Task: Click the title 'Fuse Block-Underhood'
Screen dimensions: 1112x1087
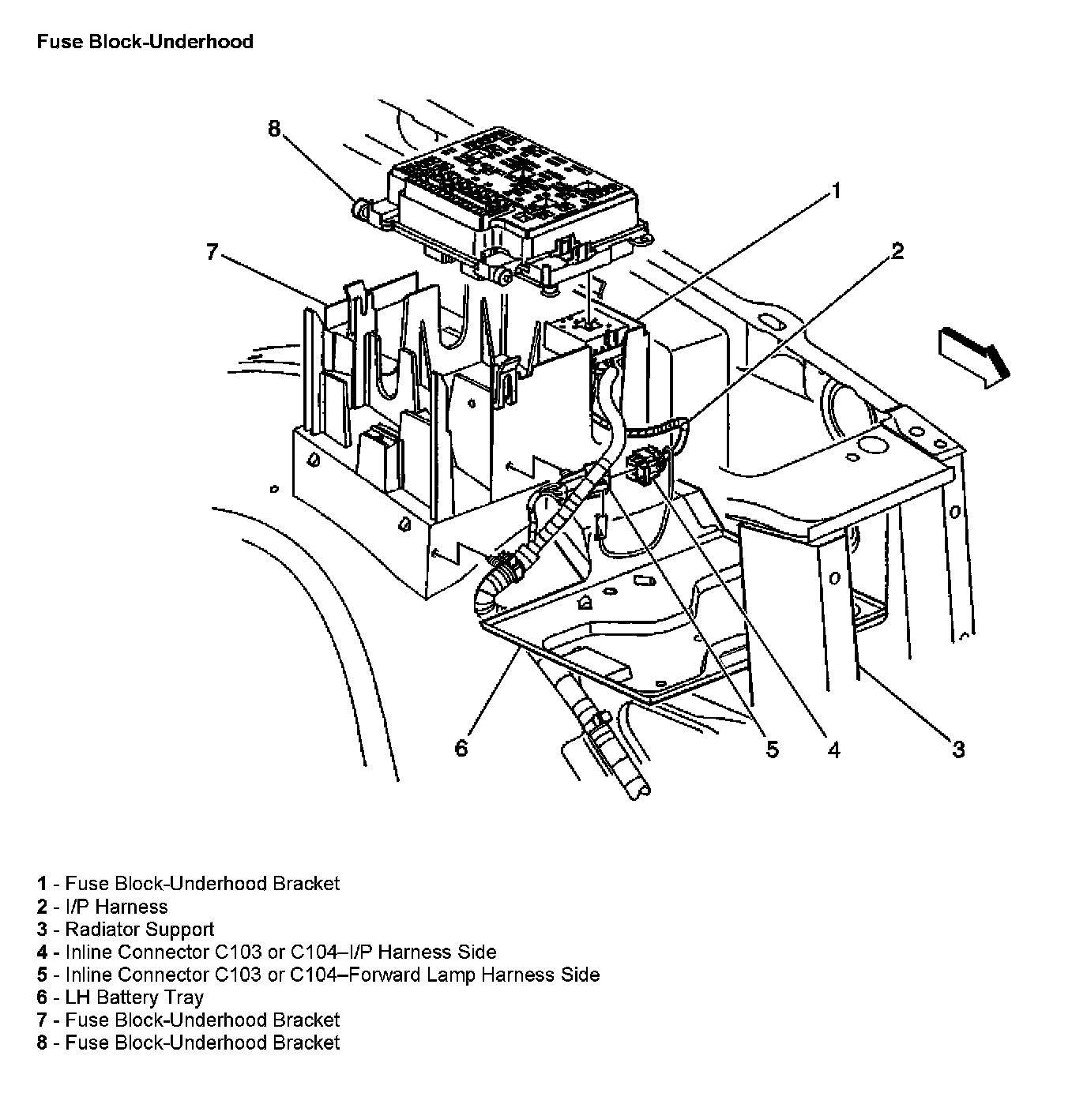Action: click(145, 42)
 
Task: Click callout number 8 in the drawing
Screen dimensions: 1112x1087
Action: click(274, 129)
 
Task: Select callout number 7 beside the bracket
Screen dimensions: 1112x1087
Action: click(212, 252)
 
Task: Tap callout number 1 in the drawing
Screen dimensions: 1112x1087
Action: click(835, 191)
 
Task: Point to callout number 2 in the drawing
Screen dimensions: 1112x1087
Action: click(897, 251)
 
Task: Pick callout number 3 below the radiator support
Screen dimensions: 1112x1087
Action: click(958, 749)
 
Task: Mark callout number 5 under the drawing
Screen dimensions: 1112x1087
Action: click(773, 749)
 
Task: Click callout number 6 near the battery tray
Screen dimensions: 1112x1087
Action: click(461, 747)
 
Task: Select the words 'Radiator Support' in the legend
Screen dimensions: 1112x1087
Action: click(139, 930)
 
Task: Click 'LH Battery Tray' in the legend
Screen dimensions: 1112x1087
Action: click(134, 997)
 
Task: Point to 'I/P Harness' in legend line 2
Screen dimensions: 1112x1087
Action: click(116, 907)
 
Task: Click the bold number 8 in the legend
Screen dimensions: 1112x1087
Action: click(42, 1042)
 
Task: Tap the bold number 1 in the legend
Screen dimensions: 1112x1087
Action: click(42, 884)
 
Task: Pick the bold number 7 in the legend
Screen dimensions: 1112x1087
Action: click(42, 1020)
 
